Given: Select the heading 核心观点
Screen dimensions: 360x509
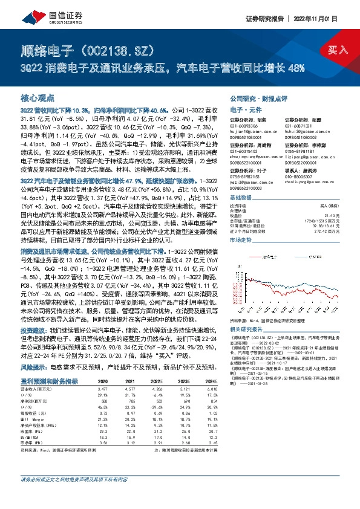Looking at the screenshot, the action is [38, 97].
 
